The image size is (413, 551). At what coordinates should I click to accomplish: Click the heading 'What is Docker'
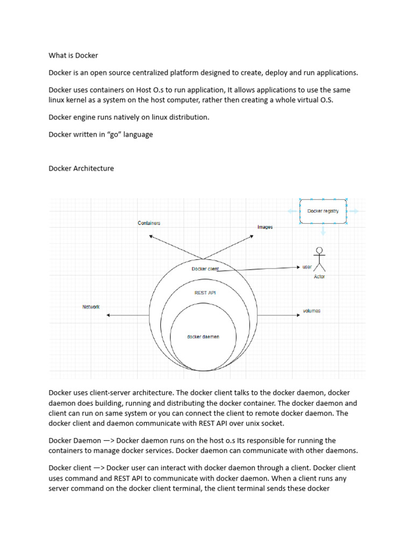point(73,55)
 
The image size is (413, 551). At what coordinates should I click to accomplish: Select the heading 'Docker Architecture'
point(81,168)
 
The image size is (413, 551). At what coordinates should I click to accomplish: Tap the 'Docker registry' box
point(323,211)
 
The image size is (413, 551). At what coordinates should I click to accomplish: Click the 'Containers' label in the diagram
point(149,223)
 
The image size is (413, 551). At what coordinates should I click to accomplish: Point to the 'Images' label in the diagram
point(265,227)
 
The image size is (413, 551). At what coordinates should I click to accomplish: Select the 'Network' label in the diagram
point(91,307)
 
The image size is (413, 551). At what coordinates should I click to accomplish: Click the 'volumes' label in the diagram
point(311,311)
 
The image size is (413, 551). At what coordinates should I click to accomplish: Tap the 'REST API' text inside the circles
point(205,293)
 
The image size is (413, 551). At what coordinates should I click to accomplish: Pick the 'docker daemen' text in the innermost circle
point(203,337)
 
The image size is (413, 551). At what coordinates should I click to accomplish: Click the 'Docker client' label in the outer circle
point(205,269)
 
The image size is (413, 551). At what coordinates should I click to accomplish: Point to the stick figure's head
point(320,250)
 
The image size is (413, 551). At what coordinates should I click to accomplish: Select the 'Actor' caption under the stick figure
point(319,277)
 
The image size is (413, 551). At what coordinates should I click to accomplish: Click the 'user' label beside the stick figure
point(307,267)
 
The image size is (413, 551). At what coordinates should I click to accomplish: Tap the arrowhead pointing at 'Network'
point(109,315)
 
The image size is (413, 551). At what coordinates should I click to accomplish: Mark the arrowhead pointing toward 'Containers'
point(152,236)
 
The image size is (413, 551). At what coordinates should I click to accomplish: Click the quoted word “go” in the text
point(114,135)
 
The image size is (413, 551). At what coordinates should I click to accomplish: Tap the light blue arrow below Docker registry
point(323,232)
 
